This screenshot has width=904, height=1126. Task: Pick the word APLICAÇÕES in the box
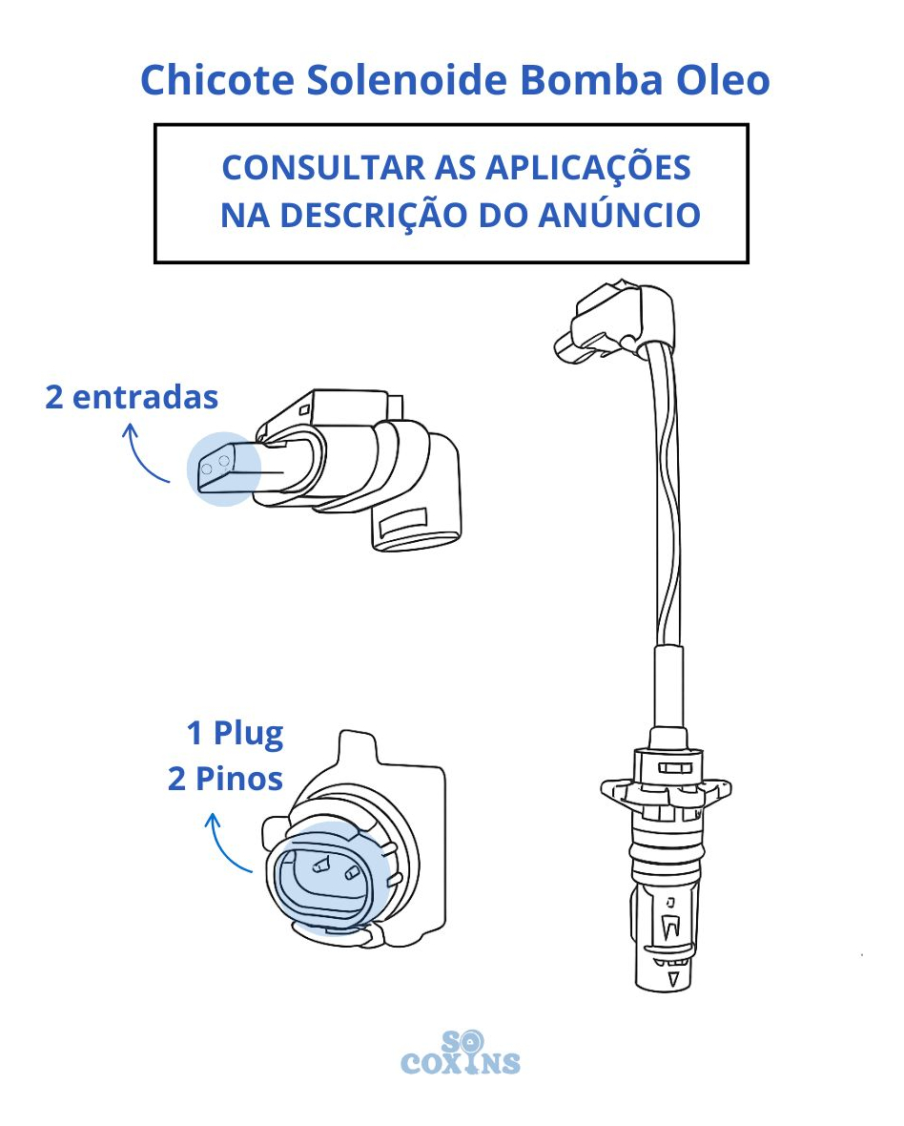(588, 167)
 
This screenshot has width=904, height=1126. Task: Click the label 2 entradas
(132, 397)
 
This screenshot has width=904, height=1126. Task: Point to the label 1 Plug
(236, 734)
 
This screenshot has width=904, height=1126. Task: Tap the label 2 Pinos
(225, 780)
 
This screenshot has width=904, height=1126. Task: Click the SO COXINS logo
(460, 1053)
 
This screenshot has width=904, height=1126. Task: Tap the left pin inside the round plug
(320, 865)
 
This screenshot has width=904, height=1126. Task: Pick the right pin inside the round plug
(352, 873)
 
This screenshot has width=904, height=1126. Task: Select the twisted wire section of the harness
(668, 495)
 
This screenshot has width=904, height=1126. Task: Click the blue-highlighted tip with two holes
(223, 469)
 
